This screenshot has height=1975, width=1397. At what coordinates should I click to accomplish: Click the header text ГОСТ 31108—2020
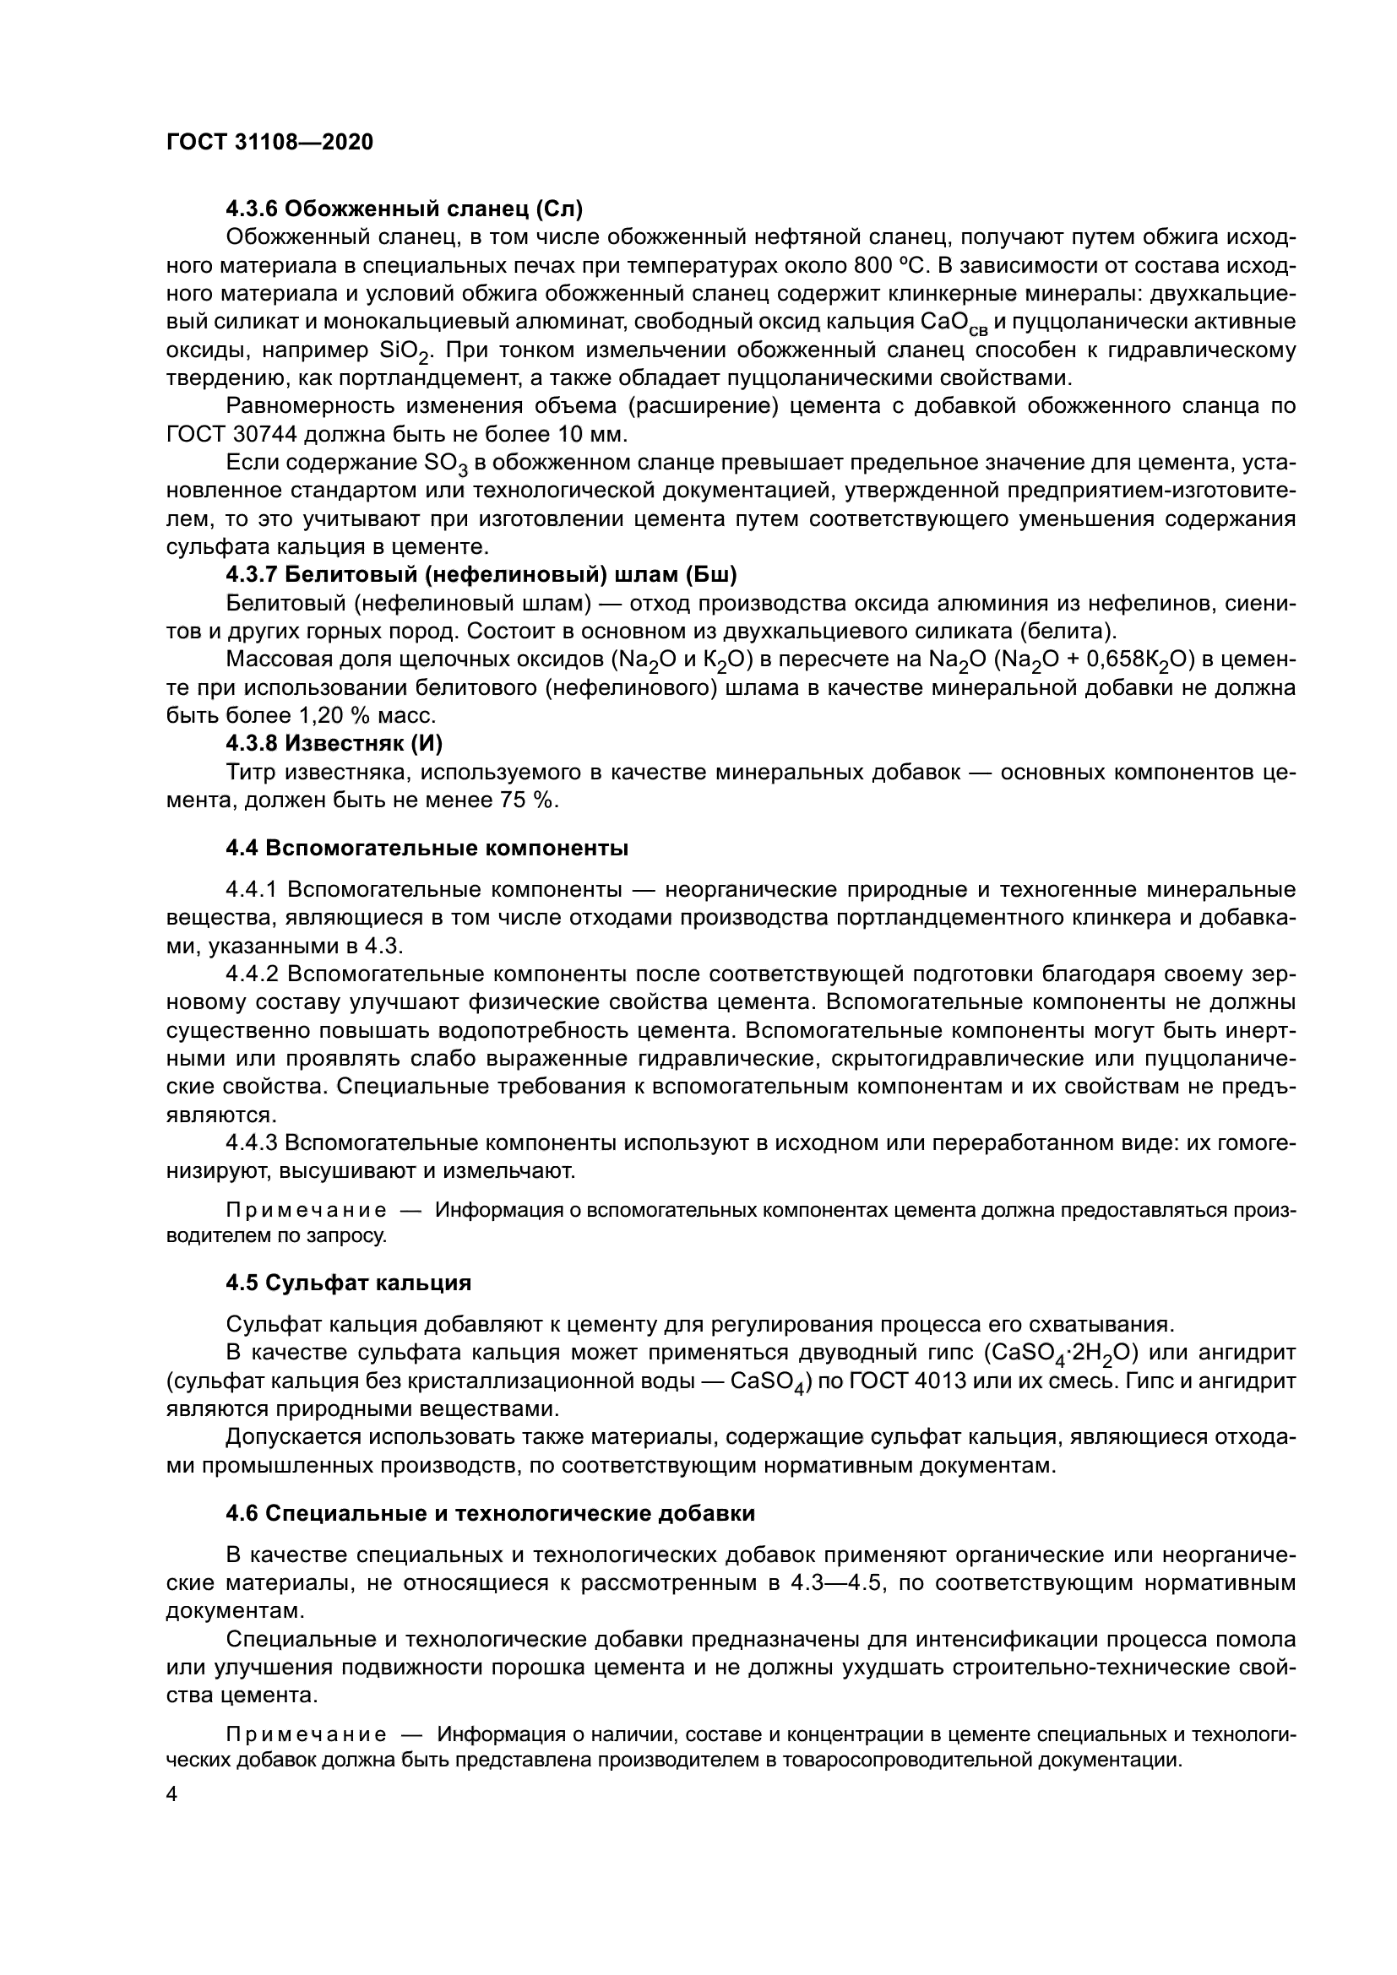tap(269, 143)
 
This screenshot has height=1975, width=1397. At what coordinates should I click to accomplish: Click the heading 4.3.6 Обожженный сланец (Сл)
tap(405, 209)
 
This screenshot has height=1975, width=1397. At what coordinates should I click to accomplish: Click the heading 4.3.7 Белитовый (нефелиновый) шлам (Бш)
tap(481, 575)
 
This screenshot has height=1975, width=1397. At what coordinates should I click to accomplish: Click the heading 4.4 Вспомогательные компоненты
tap(427, 849)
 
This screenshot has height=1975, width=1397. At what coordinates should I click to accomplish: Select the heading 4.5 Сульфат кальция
tap(348, 1283)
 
